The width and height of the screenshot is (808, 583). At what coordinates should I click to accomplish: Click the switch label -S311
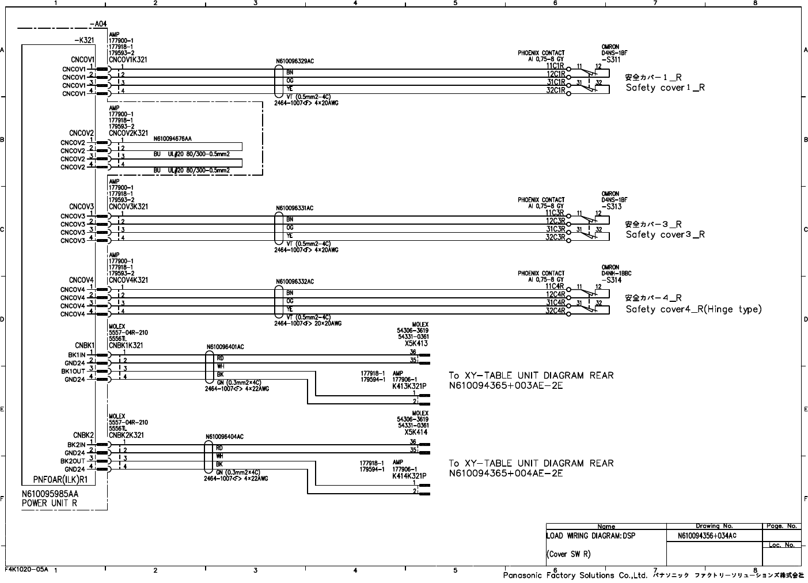[x=611, y=59]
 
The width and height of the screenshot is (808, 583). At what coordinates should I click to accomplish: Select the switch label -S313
[x=611, y=206]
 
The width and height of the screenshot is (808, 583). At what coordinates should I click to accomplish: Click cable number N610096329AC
[x=295, y=60]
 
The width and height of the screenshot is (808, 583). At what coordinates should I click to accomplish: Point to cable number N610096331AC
[x=295, y=208]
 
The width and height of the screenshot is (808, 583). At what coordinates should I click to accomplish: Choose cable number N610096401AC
[x=225, y=347]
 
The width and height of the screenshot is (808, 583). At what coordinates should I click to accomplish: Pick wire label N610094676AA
[x=172, y=139]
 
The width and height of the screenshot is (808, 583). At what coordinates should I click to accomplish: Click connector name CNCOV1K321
[x=128, y=59]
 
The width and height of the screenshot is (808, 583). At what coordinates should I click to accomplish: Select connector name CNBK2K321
[x=126, y=436]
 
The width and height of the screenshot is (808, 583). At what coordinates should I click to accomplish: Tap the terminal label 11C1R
[x=555, y=66]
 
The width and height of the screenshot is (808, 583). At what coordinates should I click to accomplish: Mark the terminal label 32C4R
[x=555, y=311]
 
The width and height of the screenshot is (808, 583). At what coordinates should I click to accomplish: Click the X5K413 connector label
[x=416, y=343]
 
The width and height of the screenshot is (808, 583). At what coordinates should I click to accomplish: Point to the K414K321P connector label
[x=409, y=476]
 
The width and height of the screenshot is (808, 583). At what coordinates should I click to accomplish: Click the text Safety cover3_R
[x=665, y=234]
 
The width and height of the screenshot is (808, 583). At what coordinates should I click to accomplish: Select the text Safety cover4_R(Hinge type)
[x=693, y=309]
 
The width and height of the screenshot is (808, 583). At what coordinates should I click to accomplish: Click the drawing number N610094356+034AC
[x=707, y=536]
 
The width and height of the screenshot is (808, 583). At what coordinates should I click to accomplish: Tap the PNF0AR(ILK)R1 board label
[x=60, y=479]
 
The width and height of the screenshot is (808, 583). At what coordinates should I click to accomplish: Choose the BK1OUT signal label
[x=73, y=372]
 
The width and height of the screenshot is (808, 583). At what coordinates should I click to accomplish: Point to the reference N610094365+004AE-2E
[x=506, y=474]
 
